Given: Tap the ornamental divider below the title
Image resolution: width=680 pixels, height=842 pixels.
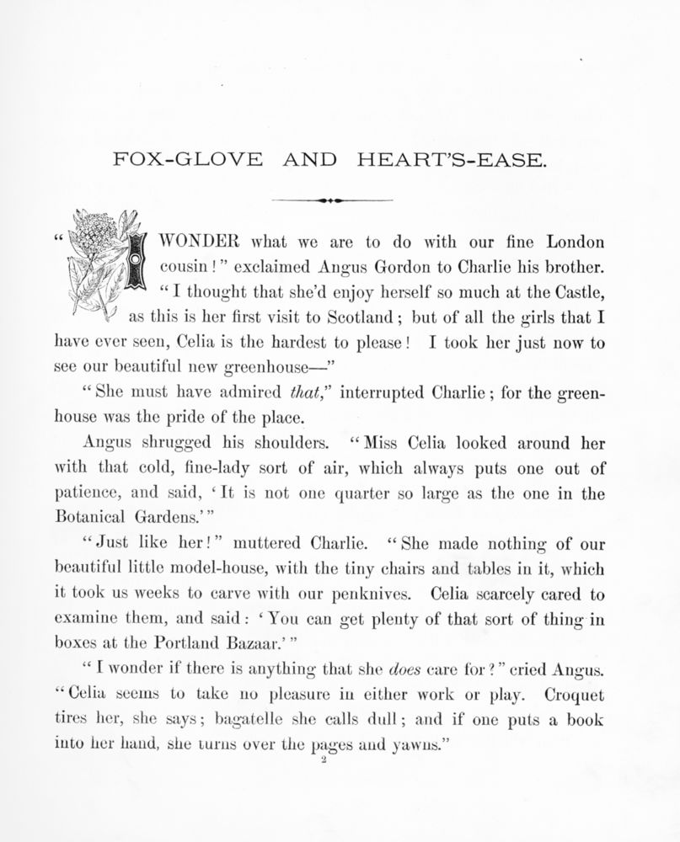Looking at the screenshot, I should (332, 200).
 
